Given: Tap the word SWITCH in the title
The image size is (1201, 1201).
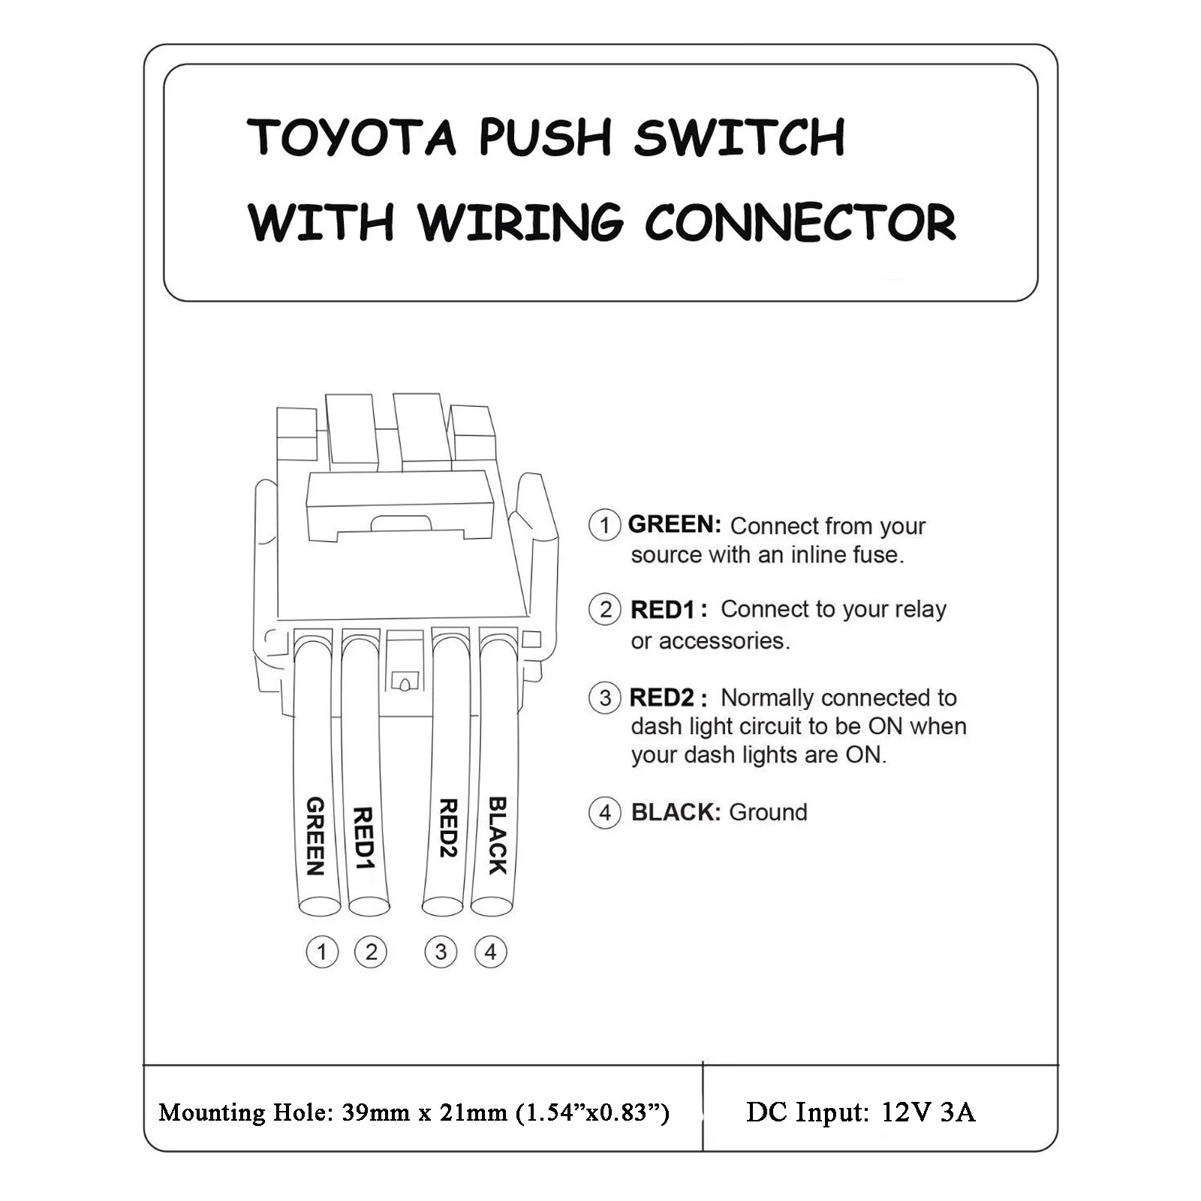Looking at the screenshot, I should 739,137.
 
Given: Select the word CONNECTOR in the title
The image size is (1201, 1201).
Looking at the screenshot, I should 800,223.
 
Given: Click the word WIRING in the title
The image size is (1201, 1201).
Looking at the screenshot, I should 520,223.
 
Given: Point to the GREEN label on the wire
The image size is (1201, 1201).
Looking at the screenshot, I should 315,836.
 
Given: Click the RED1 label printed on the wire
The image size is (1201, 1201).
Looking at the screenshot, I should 363,838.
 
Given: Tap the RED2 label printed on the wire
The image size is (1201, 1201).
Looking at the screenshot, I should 448,828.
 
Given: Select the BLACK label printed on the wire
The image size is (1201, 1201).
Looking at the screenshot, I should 497,835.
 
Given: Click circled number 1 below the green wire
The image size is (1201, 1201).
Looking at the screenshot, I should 322,953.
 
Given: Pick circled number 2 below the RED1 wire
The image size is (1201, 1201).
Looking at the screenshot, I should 371,953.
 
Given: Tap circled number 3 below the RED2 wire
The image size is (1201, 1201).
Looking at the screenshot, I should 441,953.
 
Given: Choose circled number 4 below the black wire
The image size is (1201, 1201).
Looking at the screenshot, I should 490,953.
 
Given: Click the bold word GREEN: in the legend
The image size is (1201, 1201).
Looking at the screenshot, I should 674,525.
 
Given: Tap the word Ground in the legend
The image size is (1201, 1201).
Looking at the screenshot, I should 768,812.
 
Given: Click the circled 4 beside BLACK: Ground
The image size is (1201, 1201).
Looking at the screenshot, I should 605,813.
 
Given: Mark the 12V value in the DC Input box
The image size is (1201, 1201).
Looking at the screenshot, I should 907,1112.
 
